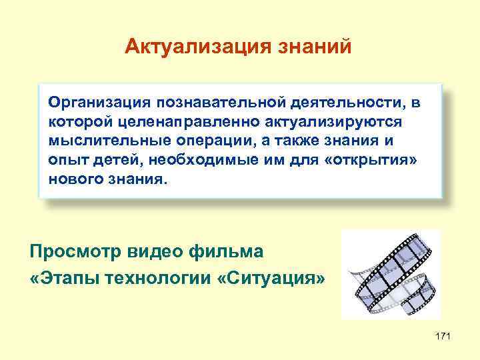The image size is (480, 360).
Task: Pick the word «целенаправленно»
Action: coord(167,122)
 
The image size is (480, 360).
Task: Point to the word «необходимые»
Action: coord(202,161)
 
